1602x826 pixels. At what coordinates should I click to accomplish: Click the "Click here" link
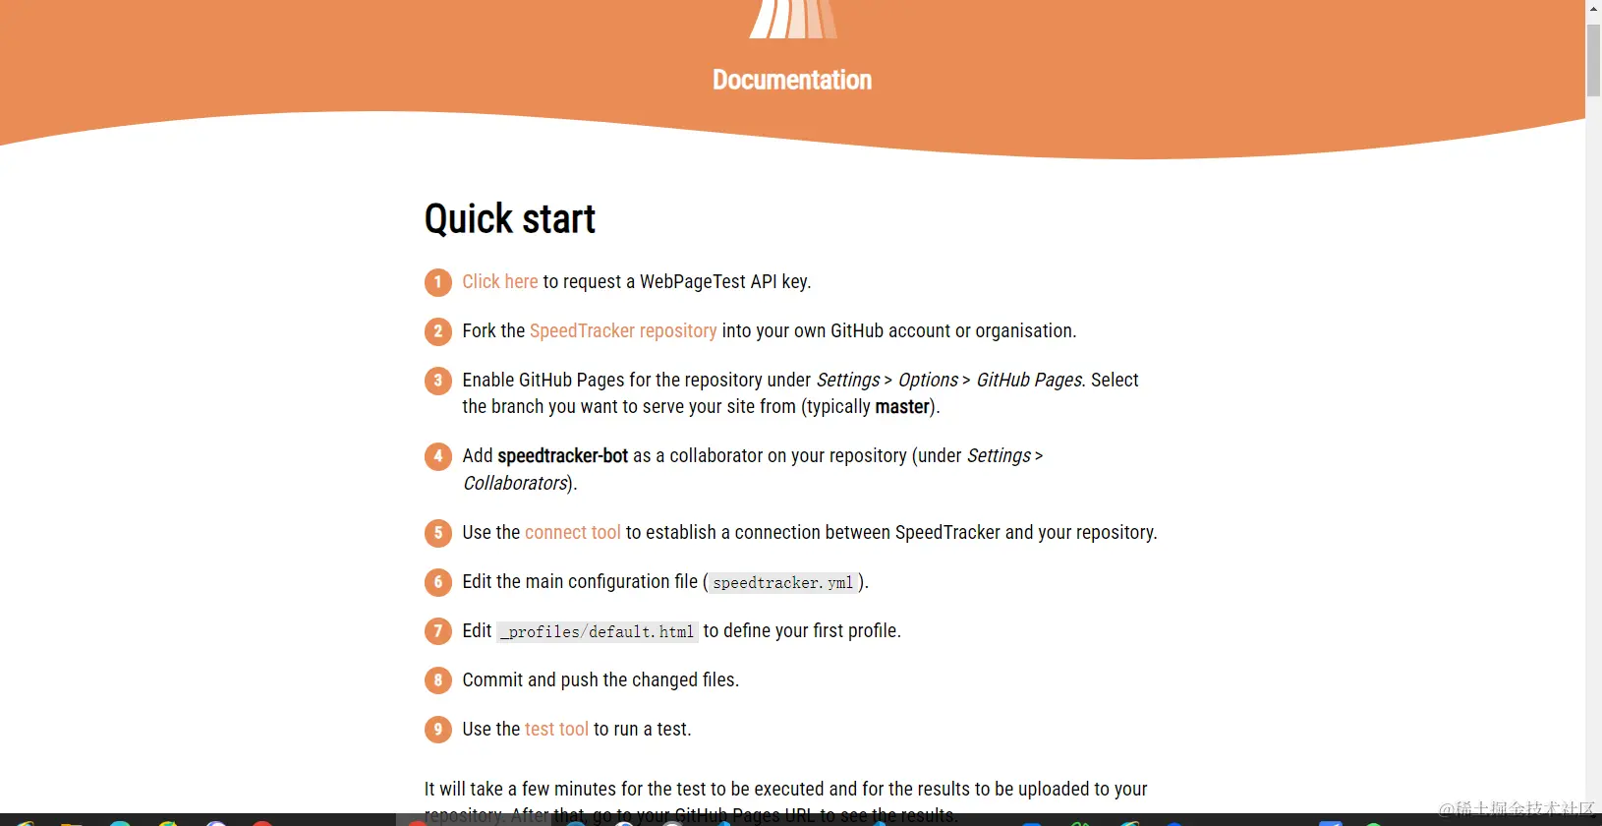pos(499,282)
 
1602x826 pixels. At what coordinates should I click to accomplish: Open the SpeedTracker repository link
pos(623,331)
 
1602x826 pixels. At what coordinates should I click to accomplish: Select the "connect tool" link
pos(572,533)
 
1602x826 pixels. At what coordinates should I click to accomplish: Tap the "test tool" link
pos(556,730)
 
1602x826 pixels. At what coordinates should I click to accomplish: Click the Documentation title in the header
pos(792,81)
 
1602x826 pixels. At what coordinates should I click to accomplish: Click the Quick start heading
pos(510,219)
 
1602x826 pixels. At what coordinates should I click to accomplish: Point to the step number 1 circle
pos(438,283)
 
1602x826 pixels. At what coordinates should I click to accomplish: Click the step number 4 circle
pos(438,457)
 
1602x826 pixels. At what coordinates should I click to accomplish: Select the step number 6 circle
pos(438,582)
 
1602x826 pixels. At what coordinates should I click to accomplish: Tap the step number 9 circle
pos(438,730)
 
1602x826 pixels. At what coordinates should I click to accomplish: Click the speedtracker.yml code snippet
pos(783,583)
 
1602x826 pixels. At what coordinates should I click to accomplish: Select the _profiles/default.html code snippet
pos(598,632)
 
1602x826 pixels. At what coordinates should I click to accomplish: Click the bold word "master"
pos(902,407)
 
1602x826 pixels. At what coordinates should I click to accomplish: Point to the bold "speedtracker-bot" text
pos(562,456)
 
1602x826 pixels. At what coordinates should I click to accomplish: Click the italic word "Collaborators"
pos(515,484)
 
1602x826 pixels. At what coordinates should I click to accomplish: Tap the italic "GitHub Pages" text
pos(1028,381)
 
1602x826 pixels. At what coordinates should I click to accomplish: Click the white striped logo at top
pos(793,19)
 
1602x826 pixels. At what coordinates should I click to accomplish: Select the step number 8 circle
pos(438,680)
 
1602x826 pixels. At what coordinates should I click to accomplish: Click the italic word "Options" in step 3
pos(928,381)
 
